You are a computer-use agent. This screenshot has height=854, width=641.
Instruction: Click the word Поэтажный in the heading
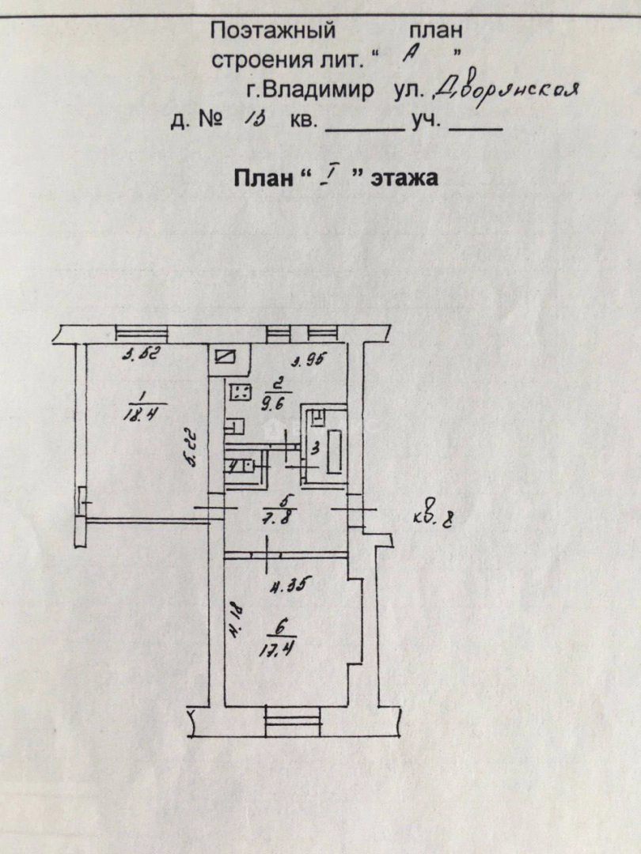(273, 31)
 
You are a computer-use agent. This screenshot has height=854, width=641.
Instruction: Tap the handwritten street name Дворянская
(507, 89)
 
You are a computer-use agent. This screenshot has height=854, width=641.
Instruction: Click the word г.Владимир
(309, 89)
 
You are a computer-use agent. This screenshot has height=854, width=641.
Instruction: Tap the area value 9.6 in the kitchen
(279, 399)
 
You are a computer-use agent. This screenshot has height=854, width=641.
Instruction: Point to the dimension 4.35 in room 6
(286, 586)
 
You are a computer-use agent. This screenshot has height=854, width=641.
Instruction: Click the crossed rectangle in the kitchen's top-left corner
(227, 357)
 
